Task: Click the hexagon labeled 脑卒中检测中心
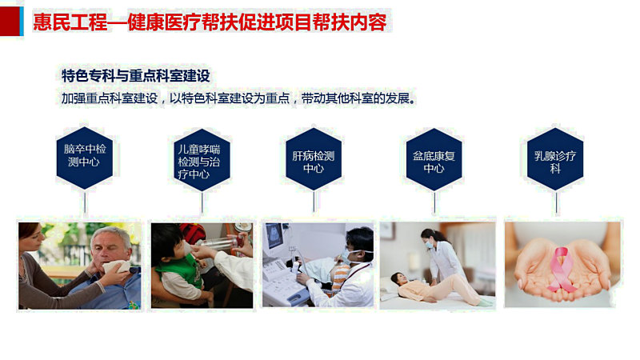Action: point(85,158)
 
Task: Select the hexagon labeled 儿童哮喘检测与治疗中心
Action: point(202,160)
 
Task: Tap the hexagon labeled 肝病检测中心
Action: point(314,159)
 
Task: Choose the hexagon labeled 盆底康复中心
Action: point(434,159)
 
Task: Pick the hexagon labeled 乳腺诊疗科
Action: point(555,159)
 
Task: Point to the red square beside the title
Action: point(10,22)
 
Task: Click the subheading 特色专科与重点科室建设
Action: point(136,76)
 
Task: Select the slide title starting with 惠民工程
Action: point(210,22)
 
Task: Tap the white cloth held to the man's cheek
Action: point(115,267)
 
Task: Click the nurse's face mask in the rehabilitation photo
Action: point(430,245)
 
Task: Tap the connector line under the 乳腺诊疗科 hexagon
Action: point(556,202)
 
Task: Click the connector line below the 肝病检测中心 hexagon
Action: point(314,202)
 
